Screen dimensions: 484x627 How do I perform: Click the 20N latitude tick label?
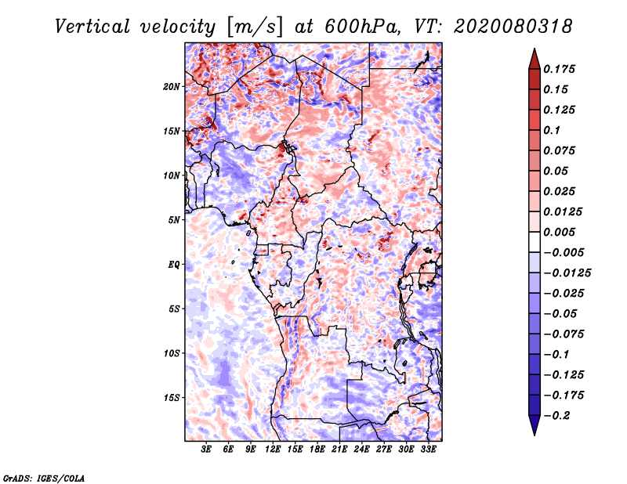[x=172, y=86]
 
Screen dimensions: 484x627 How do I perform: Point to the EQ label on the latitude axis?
[x=174, y=264]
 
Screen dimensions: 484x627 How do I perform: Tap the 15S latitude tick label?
[x=172, y=397]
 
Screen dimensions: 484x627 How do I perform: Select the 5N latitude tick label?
[x=175, y=220]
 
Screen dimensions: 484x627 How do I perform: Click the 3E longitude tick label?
[x=207, y=450]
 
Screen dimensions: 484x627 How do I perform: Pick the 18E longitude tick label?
[x=317, y=450]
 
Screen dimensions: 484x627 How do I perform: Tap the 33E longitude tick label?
[x=428, y=450]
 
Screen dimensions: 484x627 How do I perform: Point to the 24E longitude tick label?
[x=362, y=450]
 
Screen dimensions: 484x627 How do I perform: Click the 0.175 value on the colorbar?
[x=561, y=69]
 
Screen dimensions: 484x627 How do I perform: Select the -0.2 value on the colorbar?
[x=560, y=415]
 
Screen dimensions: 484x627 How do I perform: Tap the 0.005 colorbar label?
[x=561, y=232]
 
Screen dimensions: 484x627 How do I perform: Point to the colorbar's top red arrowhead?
[x=533, y=56]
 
